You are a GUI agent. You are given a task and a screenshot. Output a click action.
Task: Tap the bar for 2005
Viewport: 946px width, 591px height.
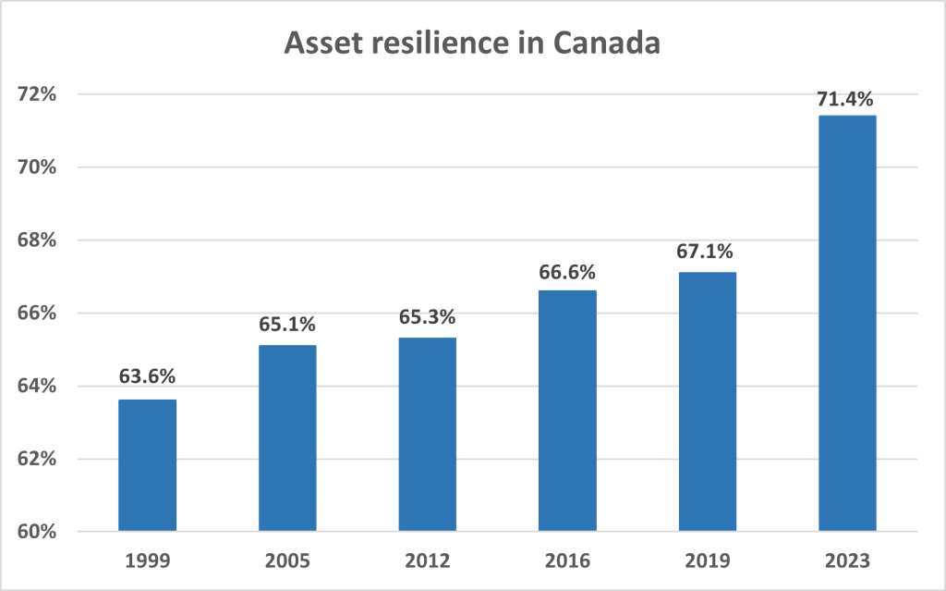[x=287, y=438]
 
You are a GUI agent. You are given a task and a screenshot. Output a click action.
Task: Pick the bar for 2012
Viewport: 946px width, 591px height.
[x=428, y=435]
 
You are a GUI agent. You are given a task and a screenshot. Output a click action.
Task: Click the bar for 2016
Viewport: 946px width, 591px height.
[x=568, y=411]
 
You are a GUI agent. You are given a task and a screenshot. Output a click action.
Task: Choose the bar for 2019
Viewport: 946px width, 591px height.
[x=708, y=401]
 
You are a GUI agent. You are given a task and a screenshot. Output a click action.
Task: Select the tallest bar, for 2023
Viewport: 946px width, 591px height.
[x=847, y=323]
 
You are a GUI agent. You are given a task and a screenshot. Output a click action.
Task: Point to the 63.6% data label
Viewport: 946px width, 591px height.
[x=148, y=376]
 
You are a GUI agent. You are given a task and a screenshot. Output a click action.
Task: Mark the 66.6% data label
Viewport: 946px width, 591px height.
[x=568, y=272]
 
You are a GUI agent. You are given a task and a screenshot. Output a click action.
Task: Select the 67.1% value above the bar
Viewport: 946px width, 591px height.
[x=708, y=252]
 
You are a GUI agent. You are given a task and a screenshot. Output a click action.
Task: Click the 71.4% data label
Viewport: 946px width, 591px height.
[x=847, y=96]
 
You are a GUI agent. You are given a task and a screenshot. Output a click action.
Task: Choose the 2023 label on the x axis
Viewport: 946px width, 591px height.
[x=847, y=560]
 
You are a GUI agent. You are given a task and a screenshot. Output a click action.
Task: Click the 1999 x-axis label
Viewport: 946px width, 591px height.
[x=148, y=560]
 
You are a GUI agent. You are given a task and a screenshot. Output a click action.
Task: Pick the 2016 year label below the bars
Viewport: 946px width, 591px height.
[x=568, y=560]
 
